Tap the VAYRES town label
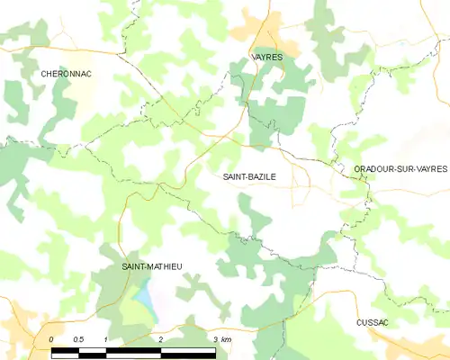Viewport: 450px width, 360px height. coord(265,57)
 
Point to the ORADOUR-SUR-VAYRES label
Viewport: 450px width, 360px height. coord(400,168)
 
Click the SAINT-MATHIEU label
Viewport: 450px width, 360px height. coord(151,267)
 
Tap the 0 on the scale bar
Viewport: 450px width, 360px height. coord(52,338)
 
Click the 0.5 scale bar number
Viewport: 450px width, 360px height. coord(78,338)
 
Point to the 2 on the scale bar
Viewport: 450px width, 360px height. coord(160,338)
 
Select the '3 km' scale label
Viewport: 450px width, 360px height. coord(222,338)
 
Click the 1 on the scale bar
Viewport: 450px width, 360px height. coord(106,338)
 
